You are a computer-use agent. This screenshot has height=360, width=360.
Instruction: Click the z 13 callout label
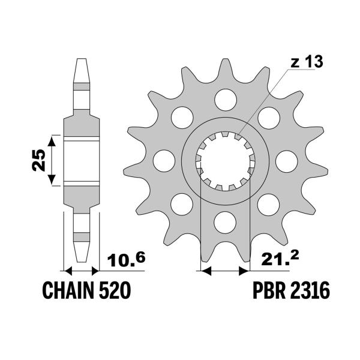pos(307,62)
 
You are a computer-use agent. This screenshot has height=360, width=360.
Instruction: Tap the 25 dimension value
pos(38,160)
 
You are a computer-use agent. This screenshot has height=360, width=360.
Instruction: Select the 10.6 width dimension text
pos(126,259)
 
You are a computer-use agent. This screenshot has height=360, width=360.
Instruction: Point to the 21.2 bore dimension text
pos(280,259)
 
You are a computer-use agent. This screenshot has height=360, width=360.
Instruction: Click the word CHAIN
pos(68,290)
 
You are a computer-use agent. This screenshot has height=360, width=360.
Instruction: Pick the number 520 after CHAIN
pos(115,290)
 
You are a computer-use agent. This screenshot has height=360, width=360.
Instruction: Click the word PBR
pos(268,290)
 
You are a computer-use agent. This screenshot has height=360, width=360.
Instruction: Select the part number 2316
pos(308,290)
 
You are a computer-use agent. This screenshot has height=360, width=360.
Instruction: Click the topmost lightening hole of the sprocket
pos(226,100)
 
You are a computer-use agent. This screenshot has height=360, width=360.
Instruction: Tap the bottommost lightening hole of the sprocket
pos(225,222)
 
